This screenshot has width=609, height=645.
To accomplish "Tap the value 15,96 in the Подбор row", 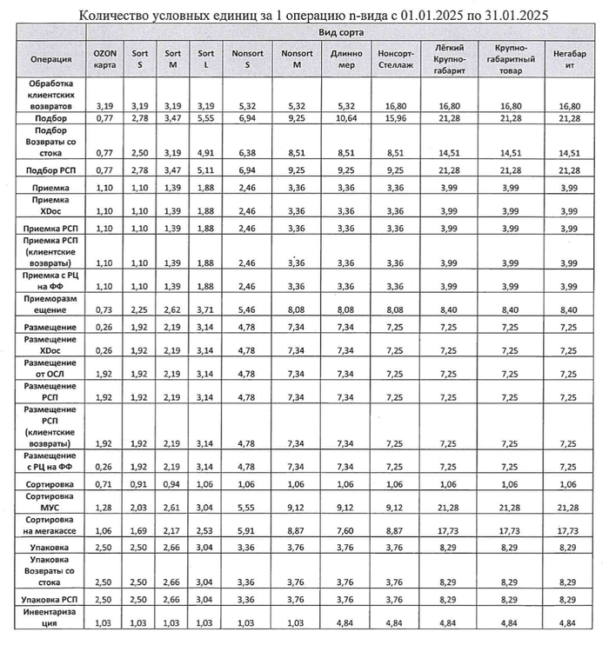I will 395,116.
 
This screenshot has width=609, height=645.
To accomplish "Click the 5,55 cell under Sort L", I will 204,116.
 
